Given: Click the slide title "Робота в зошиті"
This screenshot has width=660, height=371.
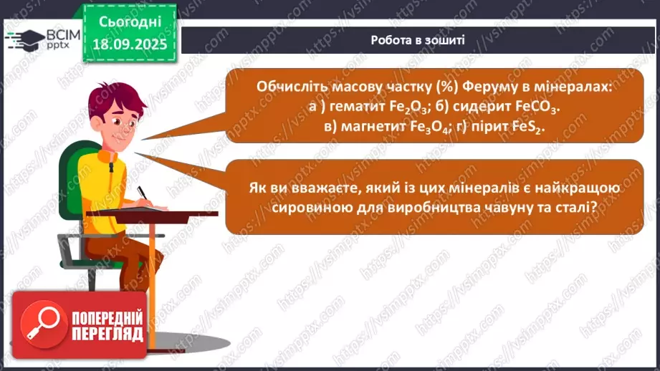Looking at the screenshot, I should (x=418, y=40).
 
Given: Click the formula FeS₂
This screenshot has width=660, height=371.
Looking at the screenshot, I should (x=528, y=125).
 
